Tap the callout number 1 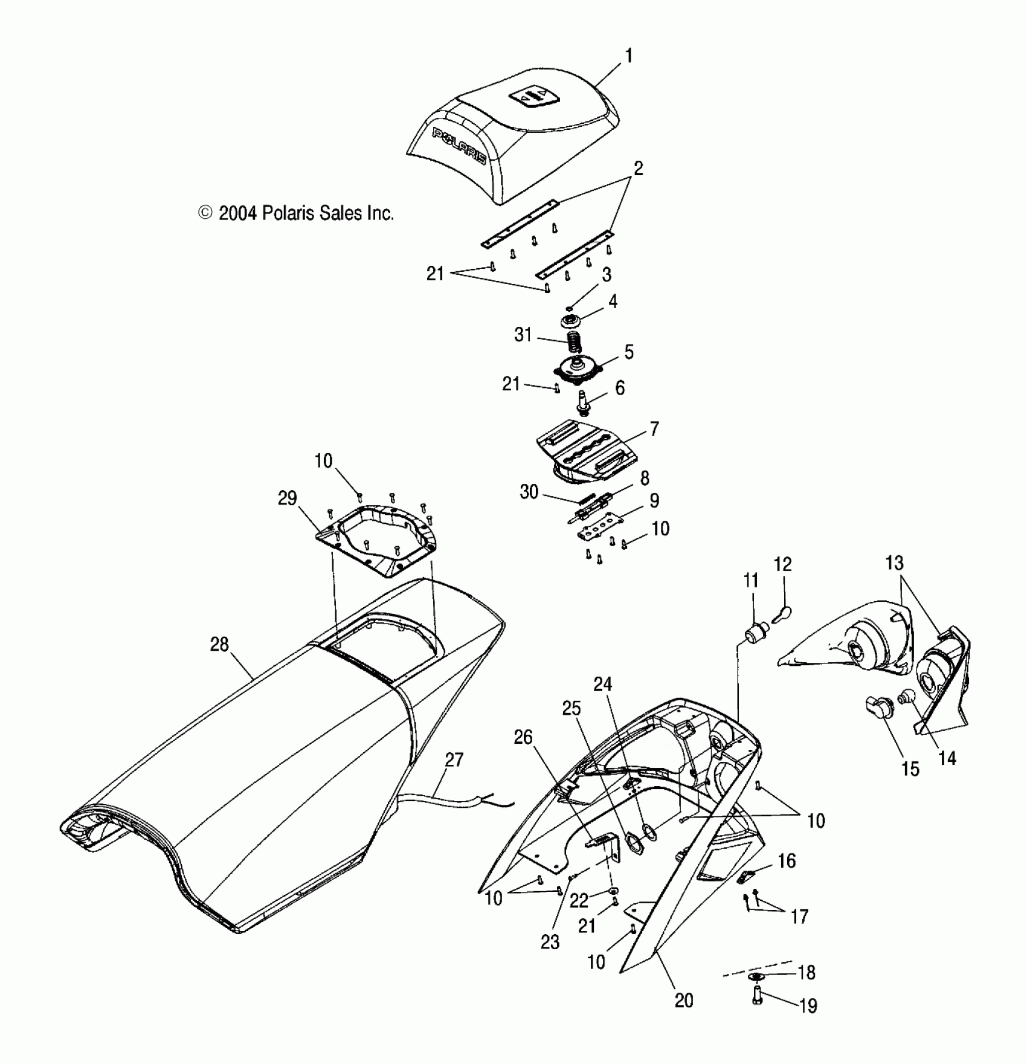click(x=628, y=56)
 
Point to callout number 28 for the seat click(x=219, y=645)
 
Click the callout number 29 click(x=288, y=498)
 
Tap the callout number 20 click(x=684, y=1001)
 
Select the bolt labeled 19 click(x=758, y=995)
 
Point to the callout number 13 click(x=895, y=563)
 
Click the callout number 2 click(x=637, y=169)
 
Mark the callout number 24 click(x=603, y=685)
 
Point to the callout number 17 click(x=799, y=917)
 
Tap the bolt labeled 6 click(x=584, y=402)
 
